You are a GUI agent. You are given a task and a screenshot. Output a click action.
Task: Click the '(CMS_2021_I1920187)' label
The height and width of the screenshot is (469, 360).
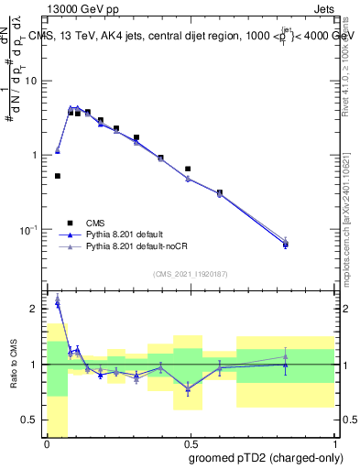pos(190,273)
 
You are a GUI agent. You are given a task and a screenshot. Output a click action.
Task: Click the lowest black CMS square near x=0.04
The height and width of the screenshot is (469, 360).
pos(58,176)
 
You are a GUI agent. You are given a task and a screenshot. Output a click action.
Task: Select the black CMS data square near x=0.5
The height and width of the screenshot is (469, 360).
pos(188,169)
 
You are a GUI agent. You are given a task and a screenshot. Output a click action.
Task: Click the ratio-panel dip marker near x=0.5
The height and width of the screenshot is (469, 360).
pos(188,388)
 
